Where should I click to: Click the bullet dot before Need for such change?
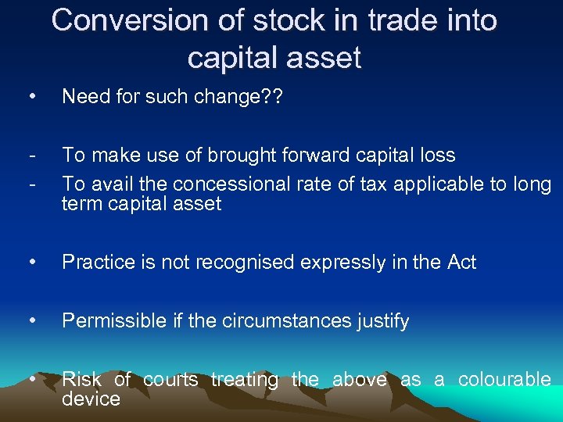tap(30, 96)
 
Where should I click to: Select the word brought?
tap(233, 155)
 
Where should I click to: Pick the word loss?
tap(436, 155)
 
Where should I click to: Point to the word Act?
tap(460, 263)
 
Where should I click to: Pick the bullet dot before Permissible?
tap(30, 320)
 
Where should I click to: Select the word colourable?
tap(504, 380)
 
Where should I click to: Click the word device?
tap(91, 399)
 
